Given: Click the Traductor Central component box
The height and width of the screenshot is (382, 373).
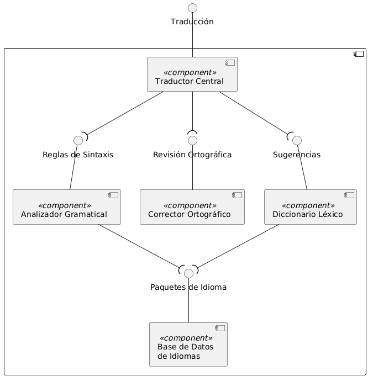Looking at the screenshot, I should click(192, 74).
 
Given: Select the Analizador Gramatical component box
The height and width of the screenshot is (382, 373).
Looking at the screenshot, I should click(66, 208).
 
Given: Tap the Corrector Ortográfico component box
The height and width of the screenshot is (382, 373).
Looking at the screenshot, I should click(192, 208).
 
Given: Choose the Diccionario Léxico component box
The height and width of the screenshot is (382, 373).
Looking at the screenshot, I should click(310, 208).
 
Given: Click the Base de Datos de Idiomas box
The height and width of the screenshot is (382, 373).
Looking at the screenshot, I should click(188, 344).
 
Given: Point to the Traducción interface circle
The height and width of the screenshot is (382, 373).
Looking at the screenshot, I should click(192, 8).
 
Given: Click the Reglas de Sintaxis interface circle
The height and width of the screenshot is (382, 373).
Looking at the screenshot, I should click(78, 140).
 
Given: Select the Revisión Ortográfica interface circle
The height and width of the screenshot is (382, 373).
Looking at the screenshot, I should click(192, 140).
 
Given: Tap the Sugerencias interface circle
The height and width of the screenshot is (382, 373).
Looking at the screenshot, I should click(297, 140).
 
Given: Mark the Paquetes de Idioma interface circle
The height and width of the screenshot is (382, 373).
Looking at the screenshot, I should click(188, 273).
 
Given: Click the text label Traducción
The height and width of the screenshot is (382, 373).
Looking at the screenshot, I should click(192, 22).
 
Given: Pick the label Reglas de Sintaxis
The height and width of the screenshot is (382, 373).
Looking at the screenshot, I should click(78, 155).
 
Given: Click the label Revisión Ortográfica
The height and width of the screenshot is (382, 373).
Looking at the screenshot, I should click(192, 155).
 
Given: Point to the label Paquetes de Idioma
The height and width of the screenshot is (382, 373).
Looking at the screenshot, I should click(188, 288).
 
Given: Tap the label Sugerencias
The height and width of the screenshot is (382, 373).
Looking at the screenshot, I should click(297, 155).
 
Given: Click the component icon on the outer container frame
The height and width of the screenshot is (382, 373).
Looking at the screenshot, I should click(359, 55).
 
